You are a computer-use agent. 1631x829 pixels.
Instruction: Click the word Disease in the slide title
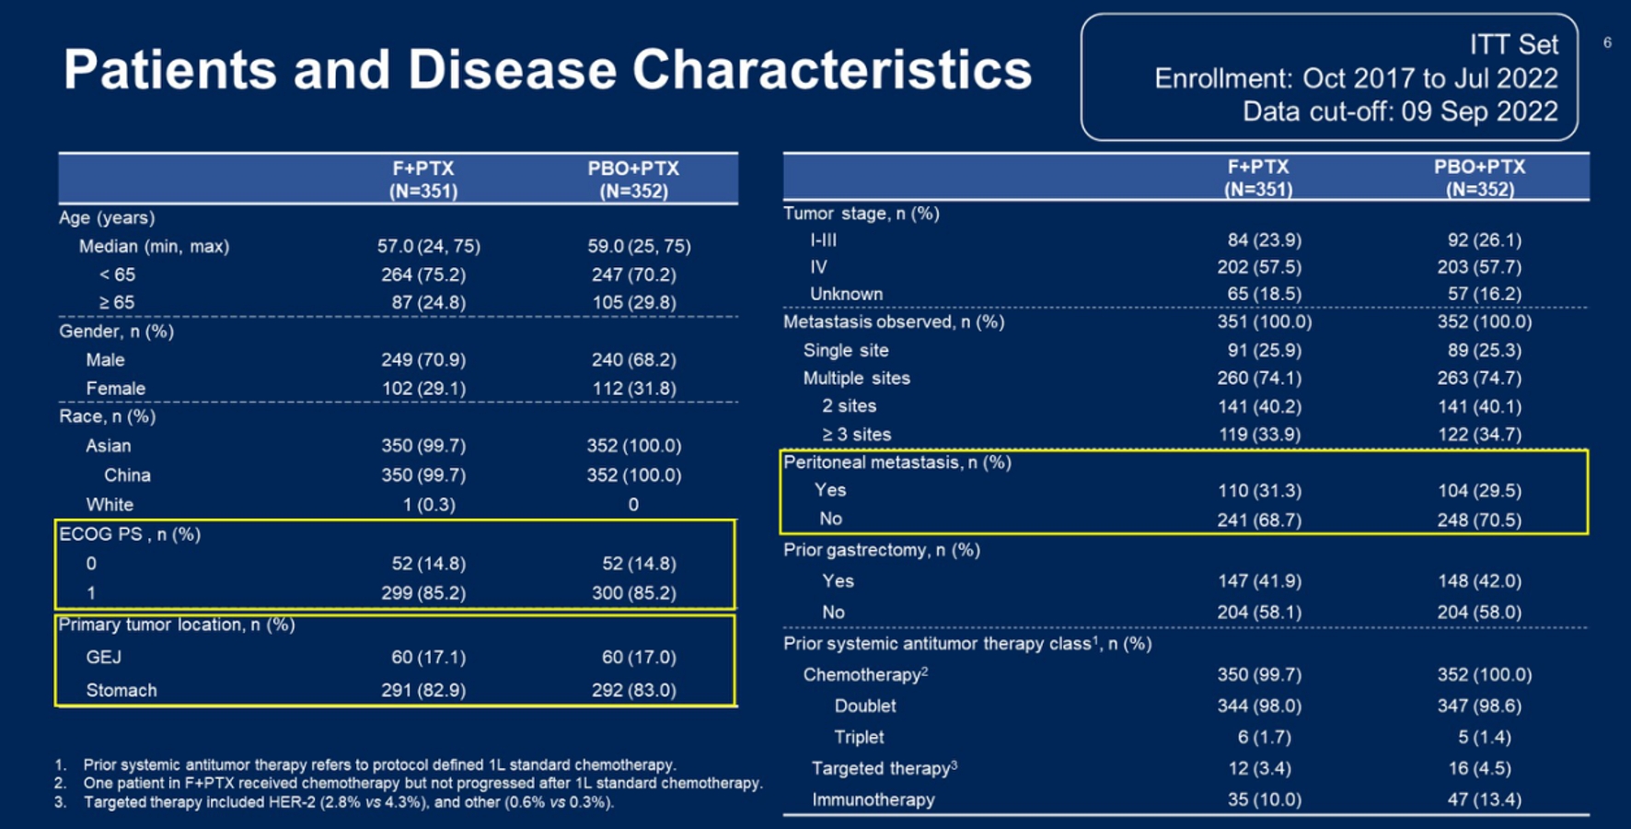[x=511, y=70]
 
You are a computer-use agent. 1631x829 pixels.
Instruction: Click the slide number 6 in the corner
[x=1607, y=42]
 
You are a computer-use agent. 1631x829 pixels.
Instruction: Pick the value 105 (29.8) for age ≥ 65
[x=633, y=302]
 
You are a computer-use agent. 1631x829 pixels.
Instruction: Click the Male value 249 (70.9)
[x=423, y=359]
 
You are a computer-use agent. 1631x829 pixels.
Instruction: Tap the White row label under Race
[x=110, y=504]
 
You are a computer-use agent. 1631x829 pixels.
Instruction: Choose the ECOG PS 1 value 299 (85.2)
[x=423, y=592]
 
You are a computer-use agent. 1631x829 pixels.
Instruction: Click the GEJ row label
[x=103, y=657]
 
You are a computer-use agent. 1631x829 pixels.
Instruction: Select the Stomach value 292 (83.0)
[x=633, y=690]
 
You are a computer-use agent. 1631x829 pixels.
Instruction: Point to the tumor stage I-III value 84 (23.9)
[x=1264, y=239]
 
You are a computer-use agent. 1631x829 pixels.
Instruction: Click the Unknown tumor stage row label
[x=846, y=294]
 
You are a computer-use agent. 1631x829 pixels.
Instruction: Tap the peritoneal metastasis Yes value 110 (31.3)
[x=1259, y=490]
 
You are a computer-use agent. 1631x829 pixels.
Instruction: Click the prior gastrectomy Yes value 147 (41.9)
[x=1259, y=580]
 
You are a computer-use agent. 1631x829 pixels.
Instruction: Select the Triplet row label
[x=858, y=737]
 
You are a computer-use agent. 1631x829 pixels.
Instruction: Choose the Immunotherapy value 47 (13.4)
[x=1484, y=800]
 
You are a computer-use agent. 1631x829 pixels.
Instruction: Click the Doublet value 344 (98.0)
[x=1259, y=706]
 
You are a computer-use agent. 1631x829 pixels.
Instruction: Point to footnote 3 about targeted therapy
[x=348, y=802]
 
